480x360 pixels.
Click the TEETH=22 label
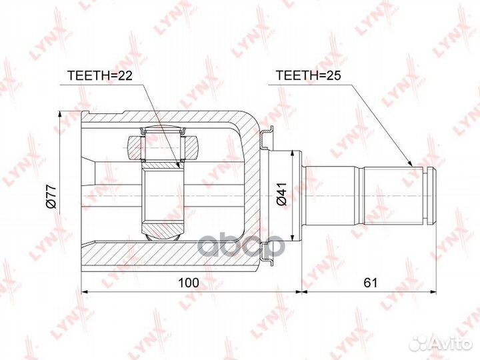click(99, 75)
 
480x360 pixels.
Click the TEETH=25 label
click(308, 75)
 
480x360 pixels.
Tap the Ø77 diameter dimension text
click(51, 196)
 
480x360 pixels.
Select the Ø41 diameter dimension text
click(281, 194)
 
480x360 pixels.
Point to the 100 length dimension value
click(189, 283)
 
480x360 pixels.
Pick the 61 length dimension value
click(371, 283)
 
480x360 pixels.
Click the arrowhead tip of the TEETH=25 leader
click(413, 166)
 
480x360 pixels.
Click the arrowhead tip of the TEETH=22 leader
click(179, 168)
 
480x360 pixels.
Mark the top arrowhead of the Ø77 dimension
click(60, 112)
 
